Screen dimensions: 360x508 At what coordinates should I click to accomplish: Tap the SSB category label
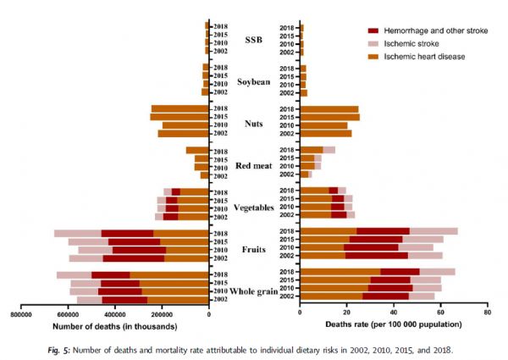pos(254,40)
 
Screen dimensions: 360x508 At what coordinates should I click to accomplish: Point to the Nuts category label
pos(254,124)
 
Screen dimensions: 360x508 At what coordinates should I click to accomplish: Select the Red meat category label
pos(254,165)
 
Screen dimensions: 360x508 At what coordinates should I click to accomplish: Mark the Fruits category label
pos(254,249)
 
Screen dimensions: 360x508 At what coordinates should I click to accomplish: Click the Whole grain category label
pos(254,291)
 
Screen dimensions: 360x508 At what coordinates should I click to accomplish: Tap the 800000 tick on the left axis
pos(21,313)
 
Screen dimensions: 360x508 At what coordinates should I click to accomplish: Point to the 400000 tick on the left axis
pos(115,313)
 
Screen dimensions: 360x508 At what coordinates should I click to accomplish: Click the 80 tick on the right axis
pos(486,313)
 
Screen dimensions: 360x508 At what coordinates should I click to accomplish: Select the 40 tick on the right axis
pos(394,313)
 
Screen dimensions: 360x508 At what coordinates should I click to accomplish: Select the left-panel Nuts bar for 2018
pos(179,108)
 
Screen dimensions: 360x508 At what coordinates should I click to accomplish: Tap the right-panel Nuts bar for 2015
pos(330,117)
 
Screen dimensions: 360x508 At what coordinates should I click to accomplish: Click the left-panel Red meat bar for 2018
pos(197,151)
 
